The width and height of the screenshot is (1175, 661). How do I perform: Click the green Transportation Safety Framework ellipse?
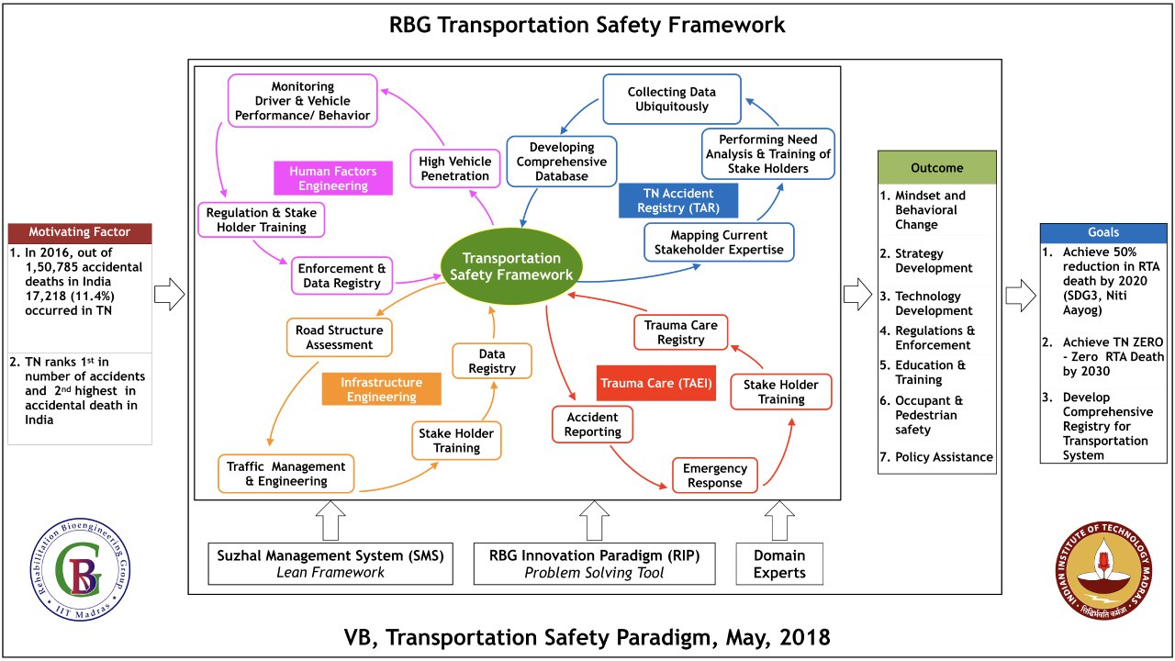(511, 266)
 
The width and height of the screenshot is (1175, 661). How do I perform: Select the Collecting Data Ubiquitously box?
(671, 99)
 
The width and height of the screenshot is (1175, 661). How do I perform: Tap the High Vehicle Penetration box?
(455, 169)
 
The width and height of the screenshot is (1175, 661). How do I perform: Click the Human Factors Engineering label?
(333, 178)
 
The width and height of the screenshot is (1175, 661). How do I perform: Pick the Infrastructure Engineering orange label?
(381, 389)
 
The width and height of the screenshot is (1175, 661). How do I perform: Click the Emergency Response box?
(715, 476)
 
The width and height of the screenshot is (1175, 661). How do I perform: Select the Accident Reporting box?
(592, 424)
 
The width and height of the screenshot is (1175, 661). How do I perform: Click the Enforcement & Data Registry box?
(341, 275)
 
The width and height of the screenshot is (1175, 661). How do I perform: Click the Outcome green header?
(936, 168)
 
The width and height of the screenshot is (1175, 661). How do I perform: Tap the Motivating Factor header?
(79, 232)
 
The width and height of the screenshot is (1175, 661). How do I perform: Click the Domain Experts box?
(779, 564)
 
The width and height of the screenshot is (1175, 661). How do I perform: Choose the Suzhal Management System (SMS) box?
(330, 564)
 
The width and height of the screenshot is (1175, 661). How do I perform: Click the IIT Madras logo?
(1102, 576)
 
